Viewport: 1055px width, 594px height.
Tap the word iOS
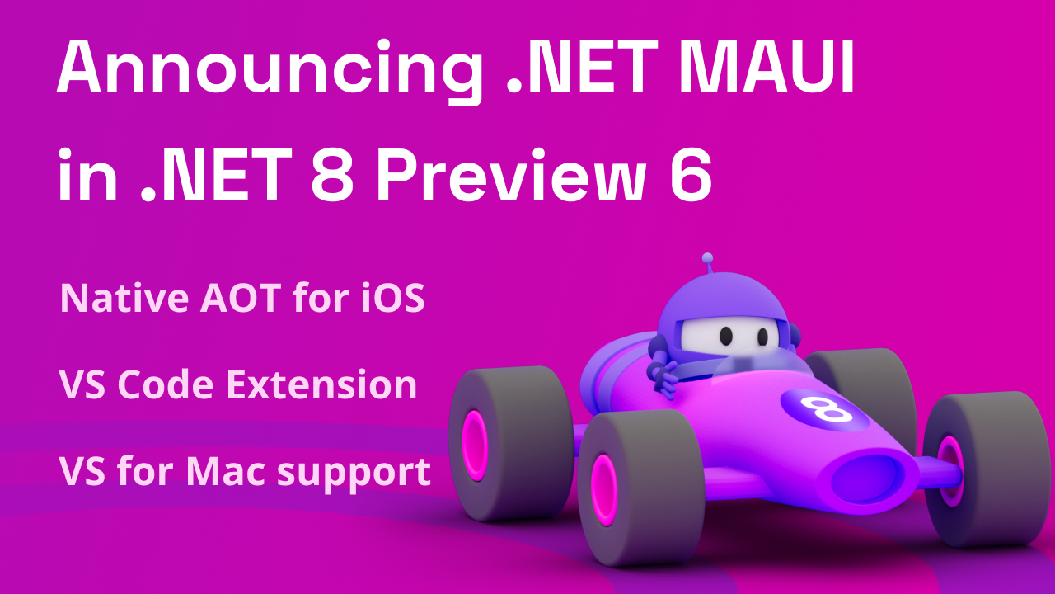(x=392, y=298)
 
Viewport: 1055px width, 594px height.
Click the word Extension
(x=321, y=385)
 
